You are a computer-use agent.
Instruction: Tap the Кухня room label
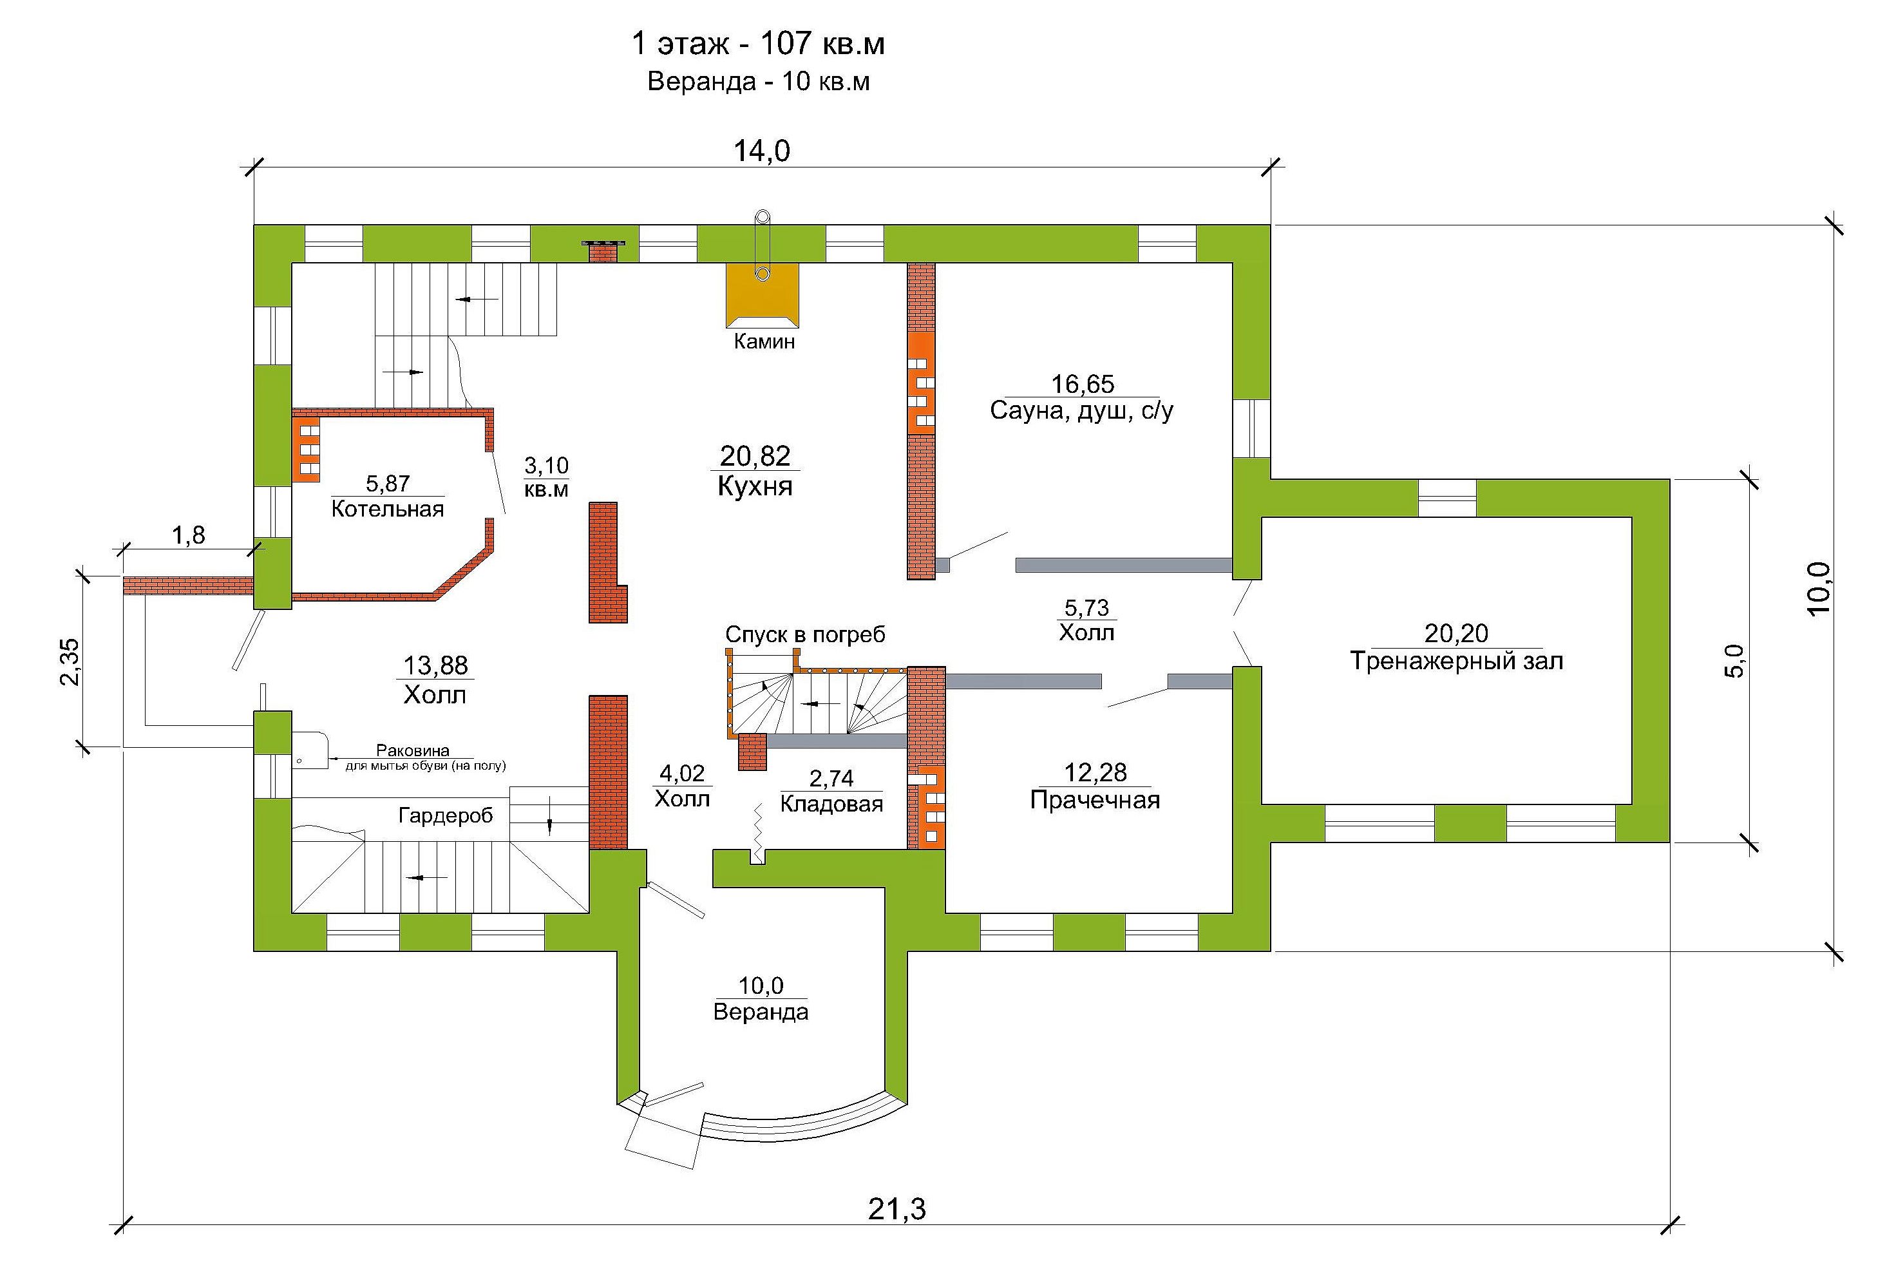pyautogui.click(x=755, y=486)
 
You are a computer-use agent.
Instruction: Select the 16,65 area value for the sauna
pyautogui.click(x=1081, y=384)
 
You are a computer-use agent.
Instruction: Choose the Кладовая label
pyautogui.click(x=831, y=804)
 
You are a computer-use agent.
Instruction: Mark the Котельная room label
pyautogui.click(x=387, y=509)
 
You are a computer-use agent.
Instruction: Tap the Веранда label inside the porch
pyautogui.click(x=761, y=1012)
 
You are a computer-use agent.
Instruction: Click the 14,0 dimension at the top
pyautogui.click(x=761, y=151)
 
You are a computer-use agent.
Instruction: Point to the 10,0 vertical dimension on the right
pyautogui.click(x=1818, y=589)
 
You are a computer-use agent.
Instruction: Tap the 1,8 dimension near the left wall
pyautogui.click(x=188, y=535)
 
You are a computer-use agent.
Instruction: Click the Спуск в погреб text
pyautogui.click(x=805, y=635)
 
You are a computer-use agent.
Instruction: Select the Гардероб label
pyautogui.click(x=445, y=815)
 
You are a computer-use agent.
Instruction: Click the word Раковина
pyautogui.click(x=412, y=751)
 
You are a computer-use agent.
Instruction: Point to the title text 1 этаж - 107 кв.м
pyautogui.click(x=757, y=44)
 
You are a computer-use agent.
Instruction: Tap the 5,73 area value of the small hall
pyautogui.click(x=1086, y=607)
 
